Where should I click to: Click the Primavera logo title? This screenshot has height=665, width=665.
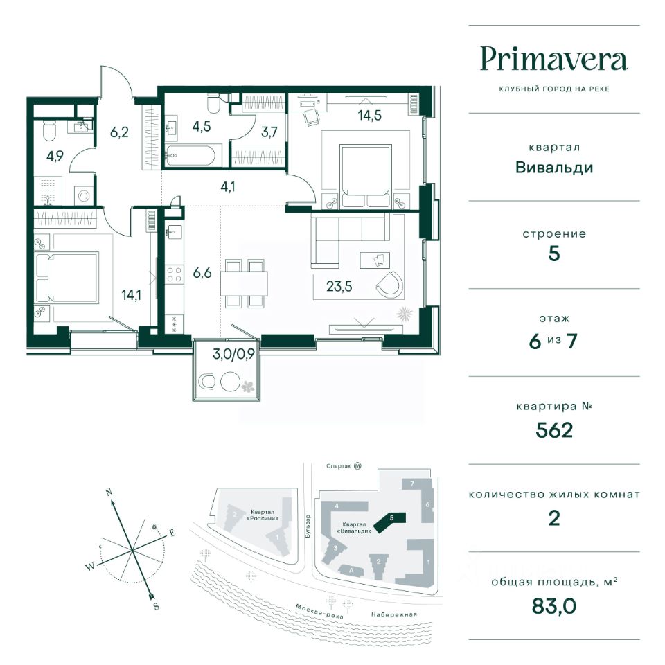tap(553, 60)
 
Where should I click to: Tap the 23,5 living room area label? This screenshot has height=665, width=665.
tap(339, 286)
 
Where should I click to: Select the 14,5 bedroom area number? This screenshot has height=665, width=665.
tap(369, 116)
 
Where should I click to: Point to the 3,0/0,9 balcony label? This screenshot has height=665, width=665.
tap(233, 354)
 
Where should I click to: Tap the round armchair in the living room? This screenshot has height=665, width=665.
tap(389, 284)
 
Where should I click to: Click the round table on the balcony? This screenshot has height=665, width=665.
tap(231, 381)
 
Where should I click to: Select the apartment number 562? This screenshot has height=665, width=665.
tap(554, 430)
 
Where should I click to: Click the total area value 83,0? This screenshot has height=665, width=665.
tap(554, 606)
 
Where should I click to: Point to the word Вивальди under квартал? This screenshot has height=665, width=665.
tap(554, 168)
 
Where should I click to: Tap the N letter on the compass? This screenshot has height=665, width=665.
tap(109, 493)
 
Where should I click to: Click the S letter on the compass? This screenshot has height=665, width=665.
tap(156, 606)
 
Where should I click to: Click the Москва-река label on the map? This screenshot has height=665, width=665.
tap(319, 611)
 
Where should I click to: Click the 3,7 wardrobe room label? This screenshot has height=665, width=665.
tap(269, 132)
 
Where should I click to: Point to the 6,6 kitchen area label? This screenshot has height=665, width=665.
tap(202, 273)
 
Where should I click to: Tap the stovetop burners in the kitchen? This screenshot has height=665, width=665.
tap(175, 274)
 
